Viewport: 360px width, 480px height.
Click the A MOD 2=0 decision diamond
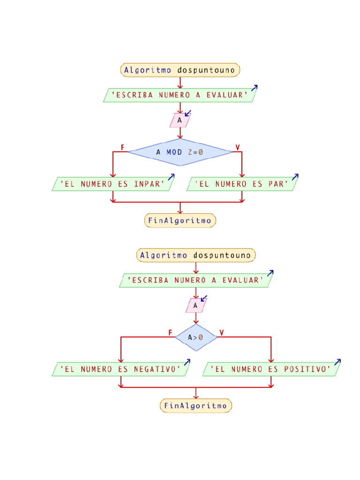180,152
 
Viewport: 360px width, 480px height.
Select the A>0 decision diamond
196,337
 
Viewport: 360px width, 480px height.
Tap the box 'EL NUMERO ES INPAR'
112,184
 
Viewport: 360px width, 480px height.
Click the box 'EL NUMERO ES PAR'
242,184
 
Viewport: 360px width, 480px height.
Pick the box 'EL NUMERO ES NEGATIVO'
120,369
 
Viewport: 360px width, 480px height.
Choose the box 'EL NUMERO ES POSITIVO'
271,369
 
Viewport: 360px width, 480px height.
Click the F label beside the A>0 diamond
170,332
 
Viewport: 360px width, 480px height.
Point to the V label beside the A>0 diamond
222,332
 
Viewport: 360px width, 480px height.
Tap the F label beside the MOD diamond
122,148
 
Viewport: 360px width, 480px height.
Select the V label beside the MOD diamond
238,148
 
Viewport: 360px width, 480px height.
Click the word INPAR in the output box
147,184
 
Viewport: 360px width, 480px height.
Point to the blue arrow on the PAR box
295,177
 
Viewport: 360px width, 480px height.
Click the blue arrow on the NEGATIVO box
187,362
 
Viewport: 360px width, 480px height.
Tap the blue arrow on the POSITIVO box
337,362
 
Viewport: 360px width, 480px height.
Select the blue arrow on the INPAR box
171,177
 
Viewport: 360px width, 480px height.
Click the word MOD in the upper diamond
174,152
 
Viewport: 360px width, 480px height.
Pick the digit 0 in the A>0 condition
201,337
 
